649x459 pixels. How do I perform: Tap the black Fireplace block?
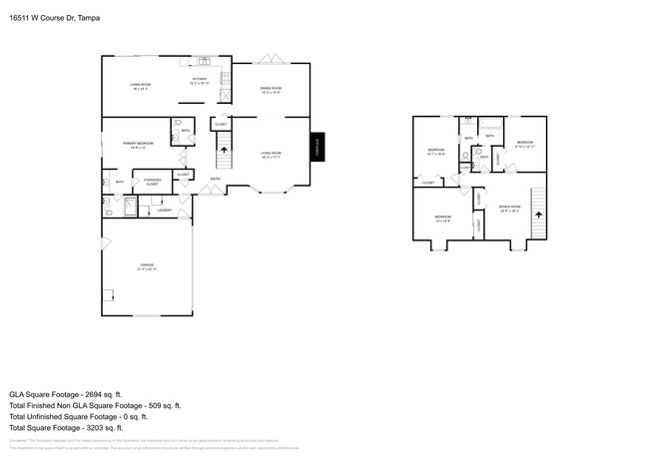pyautogui.click(x=317, y=146)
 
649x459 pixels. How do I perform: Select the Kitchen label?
pyautogui.click(x=199, y=81)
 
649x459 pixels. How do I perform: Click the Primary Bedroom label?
pyautogui.click(x=137, y=145)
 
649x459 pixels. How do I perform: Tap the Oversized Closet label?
pyautogui.click(x=152, y=183)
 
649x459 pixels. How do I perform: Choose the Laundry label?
pyautogui.click(x=166, y=211)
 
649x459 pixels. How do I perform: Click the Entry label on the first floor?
pyautogui.click(x=215, y=180)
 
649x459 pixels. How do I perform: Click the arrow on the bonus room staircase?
pyautogui.click(x=538, y=213)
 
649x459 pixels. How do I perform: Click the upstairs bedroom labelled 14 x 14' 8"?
pyautogui.click(x=442, y=218)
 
